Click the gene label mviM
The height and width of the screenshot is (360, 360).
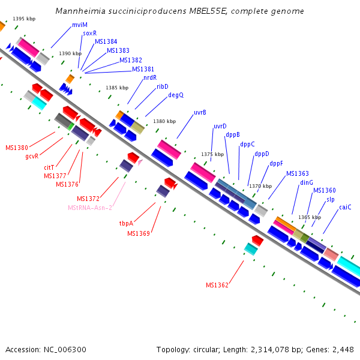pyautogui.click(x=79, y=25)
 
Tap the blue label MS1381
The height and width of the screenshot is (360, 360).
pyautogui.click(x=143, y=69)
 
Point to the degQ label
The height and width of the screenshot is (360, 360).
pyautogui.click(x=176, y=95)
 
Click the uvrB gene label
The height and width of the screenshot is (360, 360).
pyautogui.click(x=200, y=112)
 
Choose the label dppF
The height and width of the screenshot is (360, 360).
pyautogui.click(x=276, y=163)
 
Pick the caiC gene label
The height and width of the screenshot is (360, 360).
pyautogui.click(x=345, y=207)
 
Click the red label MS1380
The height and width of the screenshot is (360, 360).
pyautogui.click(x=17, y=148)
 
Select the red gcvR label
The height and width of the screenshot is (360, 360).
pyautogui.click(x=32, y=156)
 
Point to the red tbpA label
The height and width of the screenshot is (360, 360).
pyautogui.click(x=126, y=223)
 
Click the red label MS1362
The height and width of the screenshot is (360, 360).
pyautogui.click(x=217, y=285)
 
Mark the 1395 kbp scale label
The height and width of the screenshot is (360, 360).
pyautogui.click(x=24, y=19)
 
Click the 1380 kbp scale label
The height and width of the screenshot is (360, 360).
pyautogui.click(x=164, y=122)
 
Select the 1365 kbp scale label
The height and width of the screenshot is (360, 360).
pyautogui.click(x=309, y=217)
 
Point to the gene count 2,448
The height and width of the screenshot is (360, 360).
pyautogui.click(x=341, y=349)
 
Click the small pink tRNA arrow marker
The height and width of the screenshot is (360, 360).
pyautogui.click(x=140, y=162)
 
